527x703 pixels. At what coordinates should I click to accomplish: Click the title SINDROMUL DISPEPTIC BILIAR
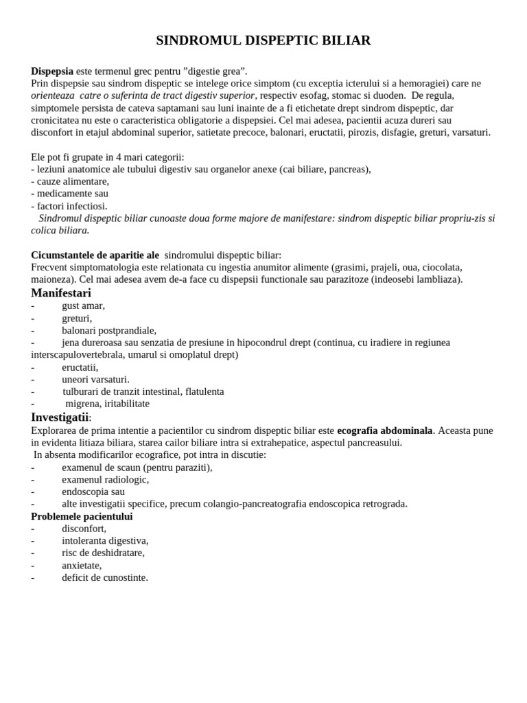coord(263,41)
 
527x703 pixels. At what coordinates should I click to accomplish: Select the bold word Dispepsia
coord(52,71)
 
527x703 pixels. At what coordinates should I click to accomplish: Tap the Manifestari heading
coord(61,293)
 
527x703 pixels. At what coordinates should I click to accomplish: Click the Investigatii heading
coord(60,417)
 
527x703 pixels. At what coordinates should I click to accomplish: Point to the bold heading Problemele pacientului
coord(82,516)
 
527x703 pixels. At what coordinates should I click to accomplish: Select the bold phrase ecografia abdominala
coord(384,430)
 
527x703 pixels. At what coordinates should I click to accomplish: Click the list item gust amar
coord(83,306)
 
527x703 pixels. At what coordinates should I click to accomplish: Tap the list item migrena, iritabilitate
coord(107,404)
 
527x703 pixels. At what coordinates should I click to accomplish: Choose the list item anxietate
coord(82,566)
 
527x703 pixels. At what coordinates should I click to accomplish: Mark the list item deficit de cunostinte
coord(104,578)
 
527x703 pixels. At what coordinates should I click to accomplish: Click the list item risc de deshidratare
coord(103,553)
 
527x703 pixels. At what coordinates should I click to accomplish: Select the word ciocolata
coord(440,267)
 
